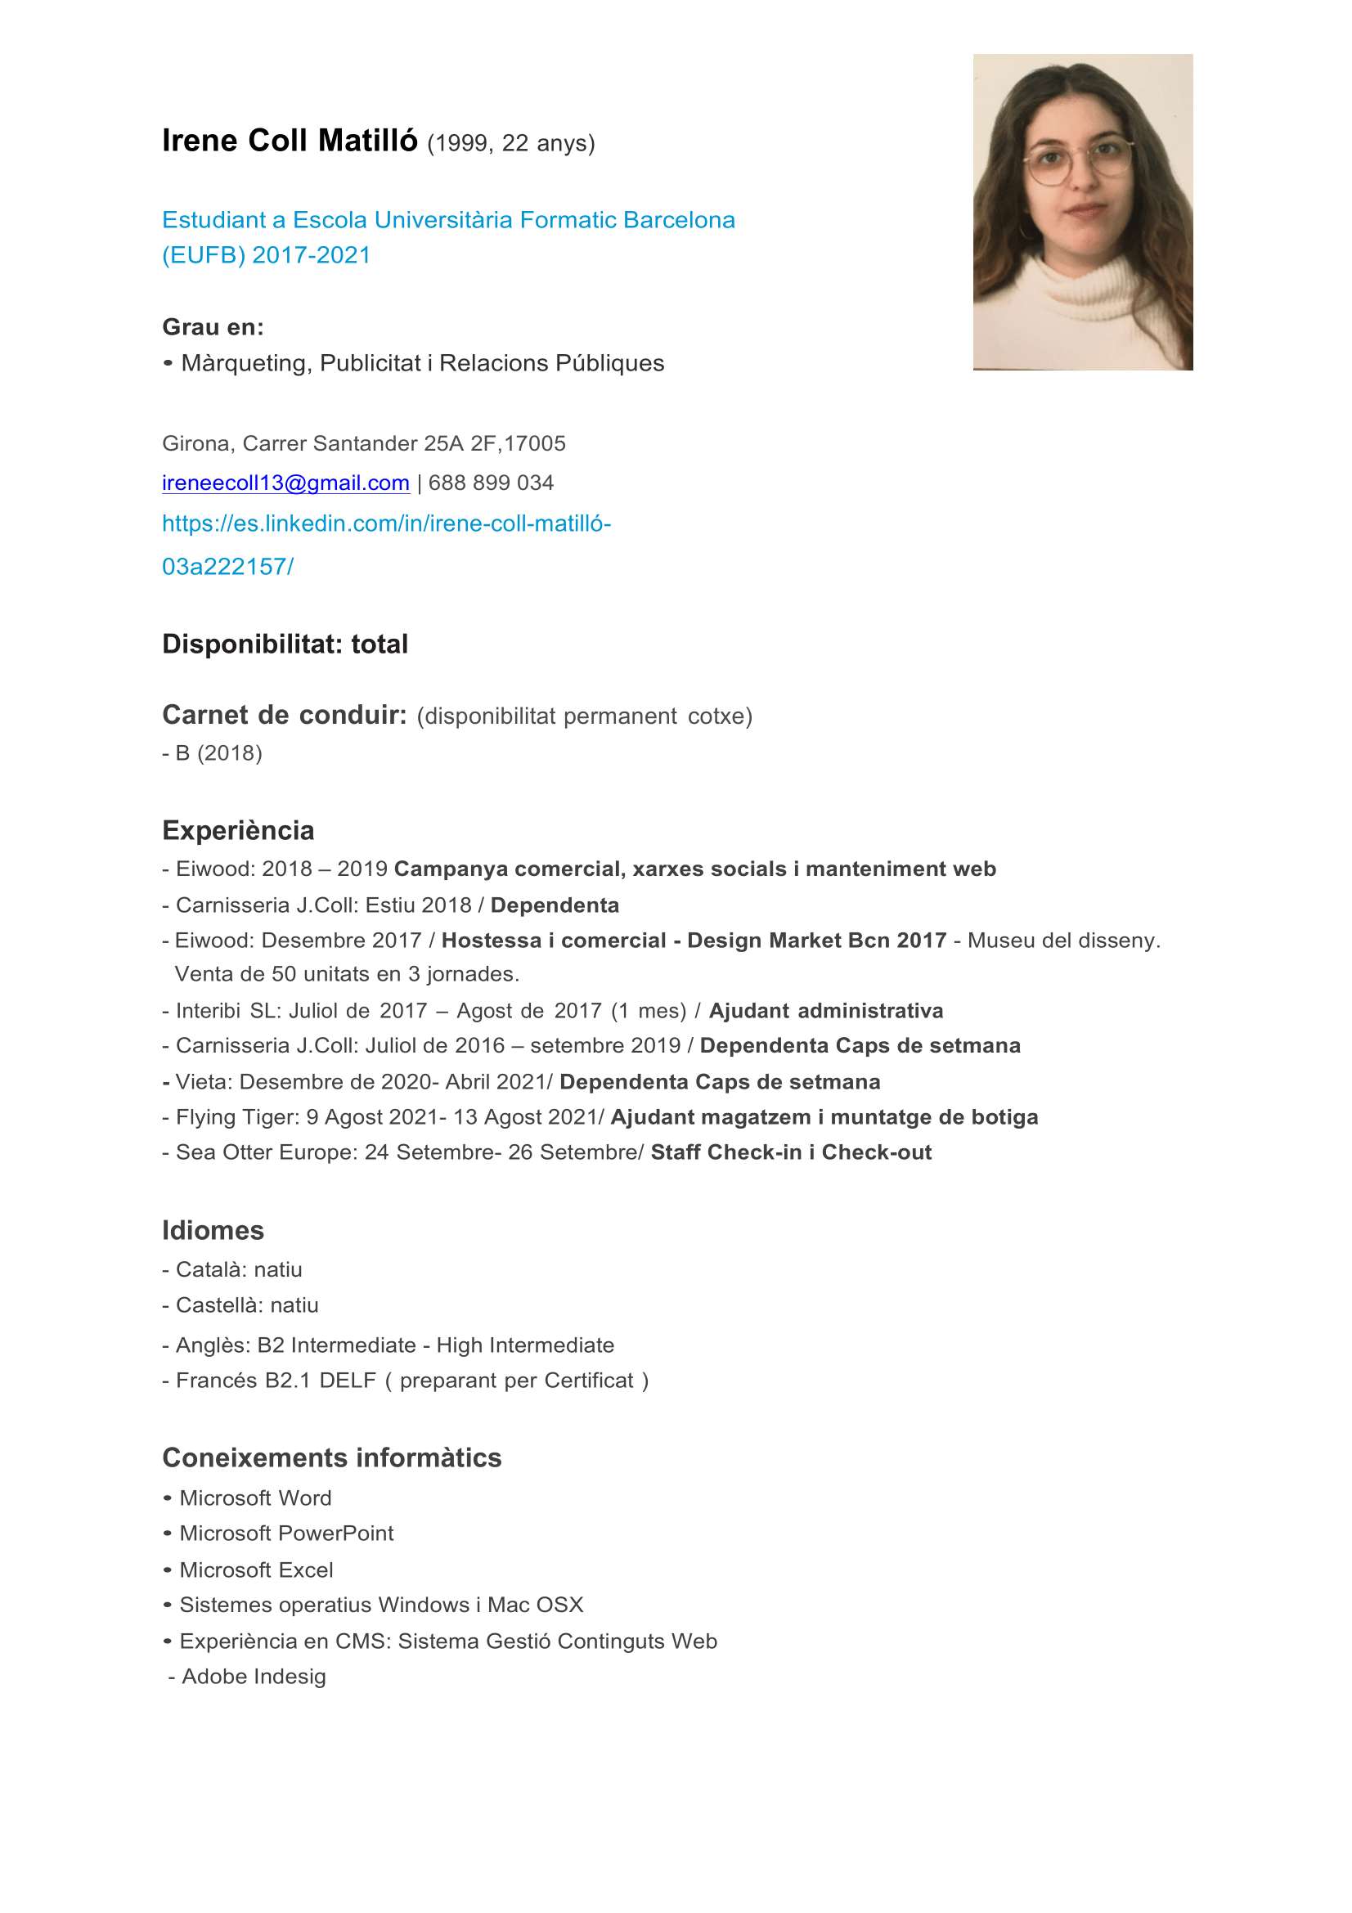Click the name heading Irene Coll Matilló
[x=289, y=141]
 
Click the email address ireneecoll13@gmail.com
[x=285, y=483]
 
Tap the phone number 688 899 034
[x=491, y=483]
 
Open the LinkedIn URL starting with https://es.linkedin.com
[x=386, y=524]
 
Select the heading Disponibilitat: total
[x=285, y=644]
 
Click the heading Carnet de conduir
[x=284, y=715]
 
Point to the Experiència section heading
[x=238, y=831]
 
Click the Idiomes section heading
[x=213, y=1231]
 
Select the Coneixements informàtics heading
[x=331, y=1458]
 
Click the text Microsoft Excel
[x=256, y=1570]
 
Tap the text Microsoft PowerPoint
[x=285, y=1534]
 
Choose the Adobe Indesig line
[x=254, y=1677]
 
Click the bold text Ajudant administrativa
[x=825, y=1012]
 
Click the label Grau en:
[x=213, y=326]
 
